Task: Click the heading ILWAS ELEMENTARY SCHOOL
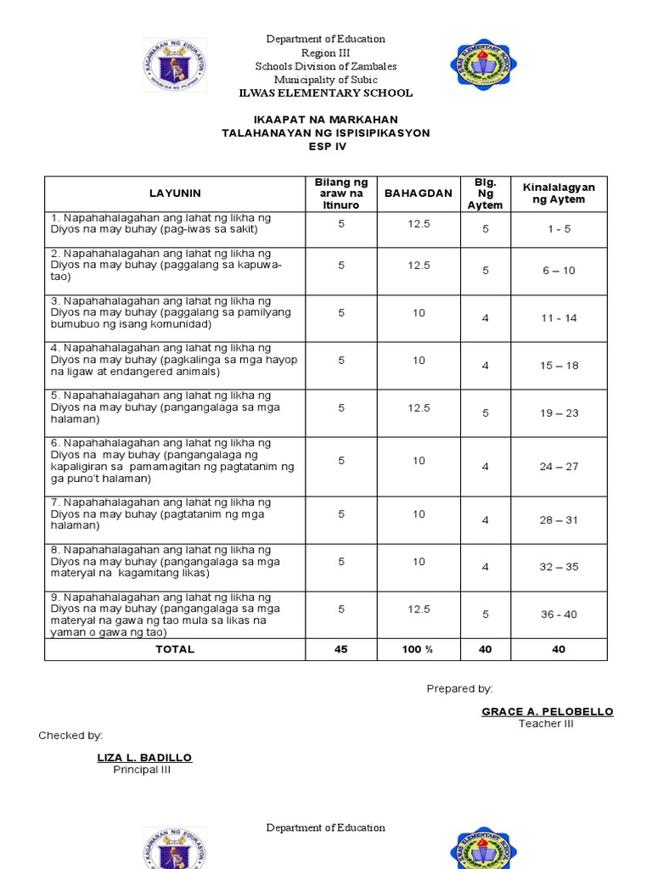click(326, 93)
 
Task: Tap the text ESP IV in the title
click(326, 147)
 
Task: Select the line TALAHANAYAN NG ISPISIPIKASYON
click(326, 133)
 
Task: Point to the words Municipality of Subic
click(326, 80)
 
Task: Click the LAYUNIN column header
click(175, 194)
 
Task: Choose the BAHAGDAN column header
click(419, 194)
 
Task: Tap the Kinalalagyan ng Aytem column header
click(559, 194)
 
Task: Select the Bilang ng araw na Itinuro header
click(341, 194)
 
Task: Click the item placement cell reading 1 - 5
click(559, 229)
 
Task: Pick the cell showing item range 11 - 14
click(559, 318)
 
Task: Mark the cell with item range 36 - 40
click(559, 614)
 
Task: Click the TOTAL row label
click(175, 649)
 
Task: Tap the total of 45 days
click(341, 649)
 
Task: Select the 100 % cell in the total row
click(419, 649)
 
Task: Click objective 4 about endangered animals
click(174, 360)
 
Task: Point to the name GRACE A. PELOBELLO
click(547, 711)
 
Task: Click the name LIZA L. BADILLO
click(144, 757)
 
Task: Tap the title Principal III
click(143, 770)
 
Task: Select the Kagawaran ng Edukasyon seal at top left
click(174, 65)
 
